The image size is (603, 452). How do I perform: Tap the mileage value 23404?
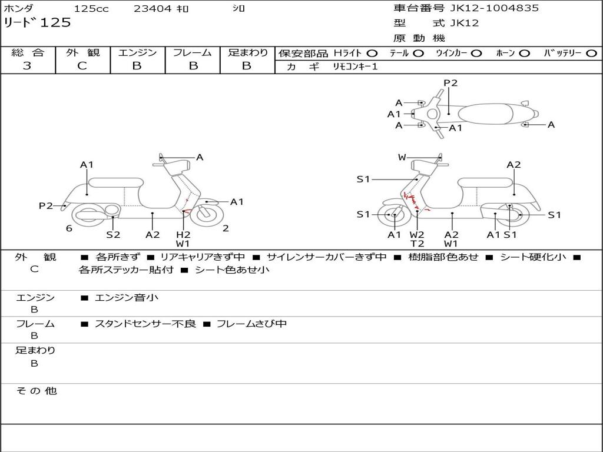(153, 9)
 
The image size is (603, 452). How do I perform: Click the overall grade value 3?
(27, 66)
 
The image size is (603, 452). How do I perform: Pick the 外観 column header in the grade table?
(82, 53)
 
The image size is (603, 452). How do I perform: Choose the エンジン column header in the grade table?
(137, 53)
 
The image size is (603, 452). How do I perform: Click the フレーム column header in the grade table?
(192, 53)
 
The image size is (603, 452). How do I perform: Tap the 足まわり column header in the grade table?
(248, 53)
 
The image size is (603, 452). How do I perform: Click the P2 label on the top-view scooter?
(450, 83)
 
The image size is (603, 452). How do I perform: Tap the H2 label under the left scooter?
(184, 234)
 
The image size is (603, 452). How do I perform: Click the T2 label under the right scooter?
(417, 244)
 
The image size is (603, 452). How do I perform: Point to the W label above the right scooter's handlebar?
(402, 157)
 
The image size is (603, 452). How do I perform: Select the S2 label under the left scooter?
(113, 234)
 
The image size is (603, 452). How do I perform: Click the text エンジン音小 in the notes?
(127, 298)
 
